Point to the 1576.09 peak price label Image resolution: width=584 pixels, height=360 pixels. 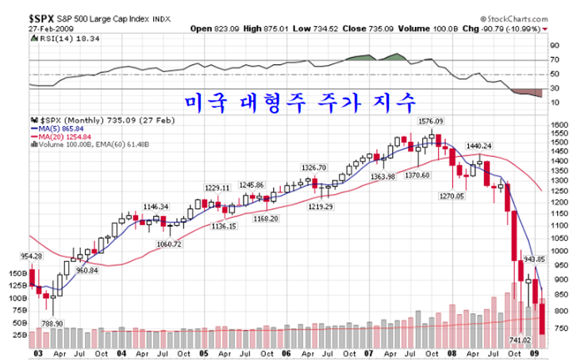tap(431, 121)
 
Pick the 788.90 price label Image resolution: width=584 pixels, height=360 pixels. tap(53, 323)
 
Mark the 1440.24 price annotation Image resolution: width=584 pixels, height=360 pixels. tap(479, 146)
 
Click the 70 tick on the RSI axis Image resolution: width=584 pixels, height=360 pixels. tap(555, 60)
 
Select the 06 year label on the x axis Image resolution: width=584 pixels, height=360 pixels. tap(285, 354)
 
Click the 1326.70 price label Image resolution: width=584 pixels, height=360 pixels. tap(314, 167)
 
